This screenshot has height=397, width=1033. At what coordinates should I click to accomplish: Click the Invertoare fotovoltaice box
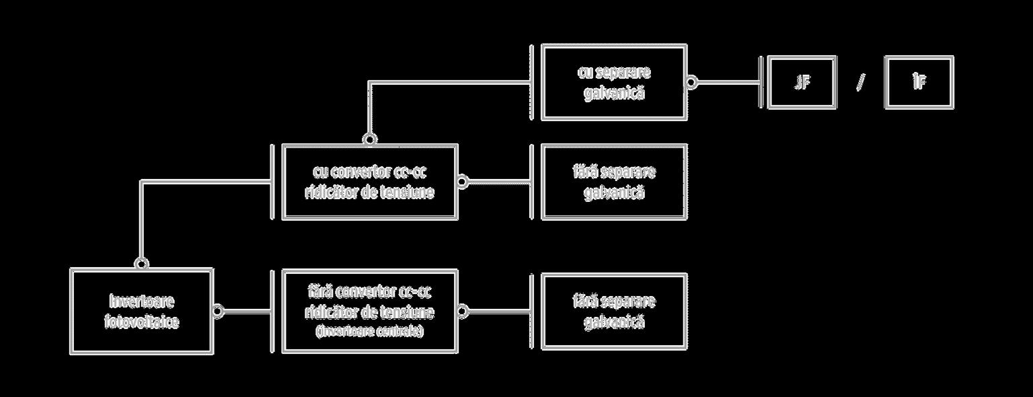point(142,311)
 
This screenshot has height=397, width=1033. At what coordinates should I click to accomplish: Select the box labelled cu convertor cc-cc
point(369,181)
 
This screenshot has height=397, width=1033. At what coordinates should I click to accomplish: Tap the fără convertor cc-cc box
point(369,311)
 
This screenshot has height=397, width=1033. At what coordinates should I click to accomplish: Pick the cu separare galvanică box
point(613,82)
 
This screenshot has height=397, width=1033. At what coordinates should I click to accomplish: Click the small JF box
point(802,83)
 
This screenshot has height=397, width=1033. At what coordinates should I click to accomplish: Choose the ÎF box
point(919,83)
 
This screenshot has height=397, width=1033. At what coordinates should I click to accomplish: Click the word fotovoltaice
point(142,322)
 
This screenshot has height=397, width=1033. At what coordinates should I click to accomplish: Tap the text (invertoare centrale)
point(369,332)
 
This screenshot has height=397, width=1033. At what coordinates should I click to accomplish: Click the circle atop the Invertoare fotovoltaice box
point(141,262)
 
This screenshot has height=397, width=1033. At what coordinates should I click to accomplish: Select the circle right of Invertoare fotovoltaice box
point(218,311)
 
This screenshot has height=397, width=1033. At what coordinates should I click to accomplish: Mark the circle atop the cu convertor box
point(369,139)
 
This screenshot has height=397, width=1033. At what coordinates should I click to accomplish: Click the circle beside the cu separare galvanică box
point(691,83)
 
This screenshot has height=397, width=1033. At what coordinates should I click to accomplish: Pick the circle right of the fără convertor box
point(463,311)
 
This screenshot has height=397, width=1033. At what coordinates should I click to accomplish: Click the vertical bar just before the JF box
point(761,83)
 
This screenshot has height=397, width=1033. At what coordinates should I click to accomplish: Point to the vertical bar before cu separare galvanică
point(531,82)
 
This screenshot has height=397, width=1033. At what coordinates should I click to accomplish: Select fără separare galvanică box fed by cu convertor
point(613,181)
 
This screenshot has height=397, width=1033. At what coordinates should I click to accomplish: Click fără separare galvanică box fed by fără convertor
point(613,311)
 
